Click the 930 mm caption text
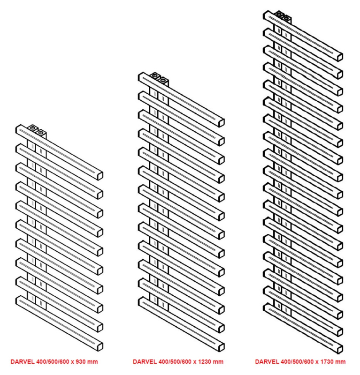tap(54, 361)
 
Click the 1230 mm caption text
tap(178, 361)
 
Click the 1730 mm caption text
tap(300, 361)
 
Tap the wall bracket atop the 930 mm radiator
tap(37, 131)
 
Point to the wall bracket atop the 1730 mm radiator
tap(283, 17)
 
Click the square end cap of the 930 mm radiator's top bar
tap(100, 175)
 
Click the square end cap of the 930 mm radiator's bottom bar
tap(100, 347)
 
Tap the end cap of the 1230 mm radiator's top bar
tap(222, 123)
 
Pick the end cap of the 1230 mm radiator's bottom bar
tap(222, 347)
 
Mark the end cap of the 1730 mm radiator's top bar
tap(340, 57)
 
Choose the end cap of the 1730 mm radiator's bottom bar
tap(340, 349)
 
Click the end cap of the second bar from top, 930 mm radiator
tap(100, 195)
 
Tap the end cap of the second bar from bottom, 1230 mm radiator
tap(222, 329)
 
